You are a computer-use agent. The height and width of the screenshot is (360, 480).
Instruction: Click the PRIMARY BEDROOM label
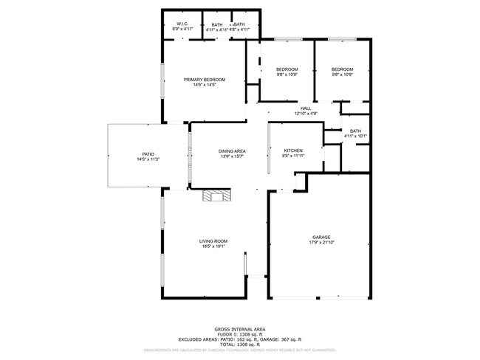pyautogui.click(x=205, y=80)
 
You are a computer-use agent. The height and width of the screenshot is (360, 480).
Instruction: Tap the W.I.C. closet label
pyautogui.click(x=180, y=24)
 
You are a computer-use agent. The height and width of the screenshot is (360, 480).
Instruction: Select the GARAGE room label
pyautogui.click(x=320, y=237)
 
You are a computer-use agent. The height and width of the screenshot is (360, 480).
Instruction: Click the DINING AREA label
pyautogui.click(x=232, y=150)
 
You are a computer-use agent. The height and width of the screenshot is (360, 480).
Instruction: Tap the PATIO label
pyautogui.click(x=148, y=153)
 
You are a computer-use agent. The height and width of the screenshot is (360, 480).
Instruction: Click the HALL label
pyautogui.click(x=306, y=108)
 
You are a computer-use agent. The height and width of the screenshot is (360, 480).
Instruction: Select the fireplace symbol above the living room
pyautogui.click(x=218, y=195)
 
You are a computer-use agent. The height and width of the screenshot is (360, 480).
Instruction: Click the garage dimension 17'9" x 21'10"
pyautogui.click(x=320, y=242)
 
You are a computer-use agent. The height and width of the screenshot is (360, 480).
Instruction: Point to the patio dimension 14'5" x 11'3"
pyautogui.click(x=148, y=159)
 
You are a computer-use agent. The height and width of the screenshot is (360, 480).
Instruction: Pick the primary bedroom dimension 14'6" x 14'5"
pyautogui.click(x=205, y=85)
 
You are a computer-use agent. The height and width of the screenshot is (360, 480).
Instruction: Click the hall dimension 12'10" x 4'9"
pyautogui.click(x=306, y=114)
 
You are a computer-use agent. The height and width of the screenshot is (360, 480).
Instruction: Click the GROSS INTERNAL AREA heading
pyautogui.click(x=240, y=329)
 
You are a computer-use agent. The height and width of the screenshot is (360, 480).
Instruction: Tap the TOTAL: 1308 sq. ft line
pyautogui.click(x=240, y=344)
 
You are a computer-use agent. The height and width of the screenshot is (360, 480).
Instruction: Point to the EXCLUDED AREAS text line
pyautogui.click(x=240, y=339)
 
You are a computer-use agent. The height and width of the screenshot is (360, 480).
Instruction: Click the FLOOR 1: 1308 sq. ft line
pyautogui.click(x=240, y=334)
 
